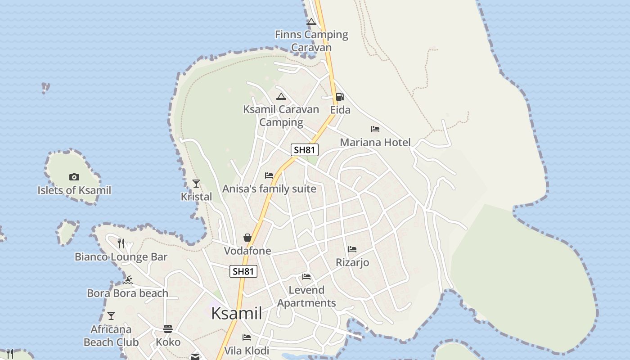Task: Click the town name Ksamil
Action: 237,313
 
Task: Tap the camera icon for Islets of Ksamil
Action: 74,177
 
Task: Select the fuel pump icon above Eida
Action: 340,97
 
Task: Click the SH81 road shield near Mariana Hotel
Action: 305,150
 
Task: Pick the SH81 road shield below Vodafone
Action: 243,271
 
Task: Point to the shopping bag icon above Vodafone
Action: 247,238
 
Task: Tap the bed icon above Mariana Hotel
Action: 375,129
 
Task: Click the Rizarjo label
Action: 352,262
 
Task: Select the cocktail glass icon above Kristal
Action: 196,184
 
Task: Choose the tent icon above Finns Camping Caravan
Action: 311,22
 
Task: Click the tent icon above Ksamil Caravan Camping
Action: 281,96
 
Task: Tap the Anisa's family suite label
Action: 269,189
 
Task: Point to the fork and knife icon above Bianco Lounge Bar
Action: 121,243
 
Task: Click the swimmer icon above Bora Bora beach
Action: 128,280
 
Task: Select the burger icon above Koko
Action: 168,329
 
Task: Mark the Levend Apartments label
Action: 306,296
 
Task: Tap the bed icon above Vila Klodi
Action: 247,337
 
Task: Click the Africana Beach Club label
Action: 111,336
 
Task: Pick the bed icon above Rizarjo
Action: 352,249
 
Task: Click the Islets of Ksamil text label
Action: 74,190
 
